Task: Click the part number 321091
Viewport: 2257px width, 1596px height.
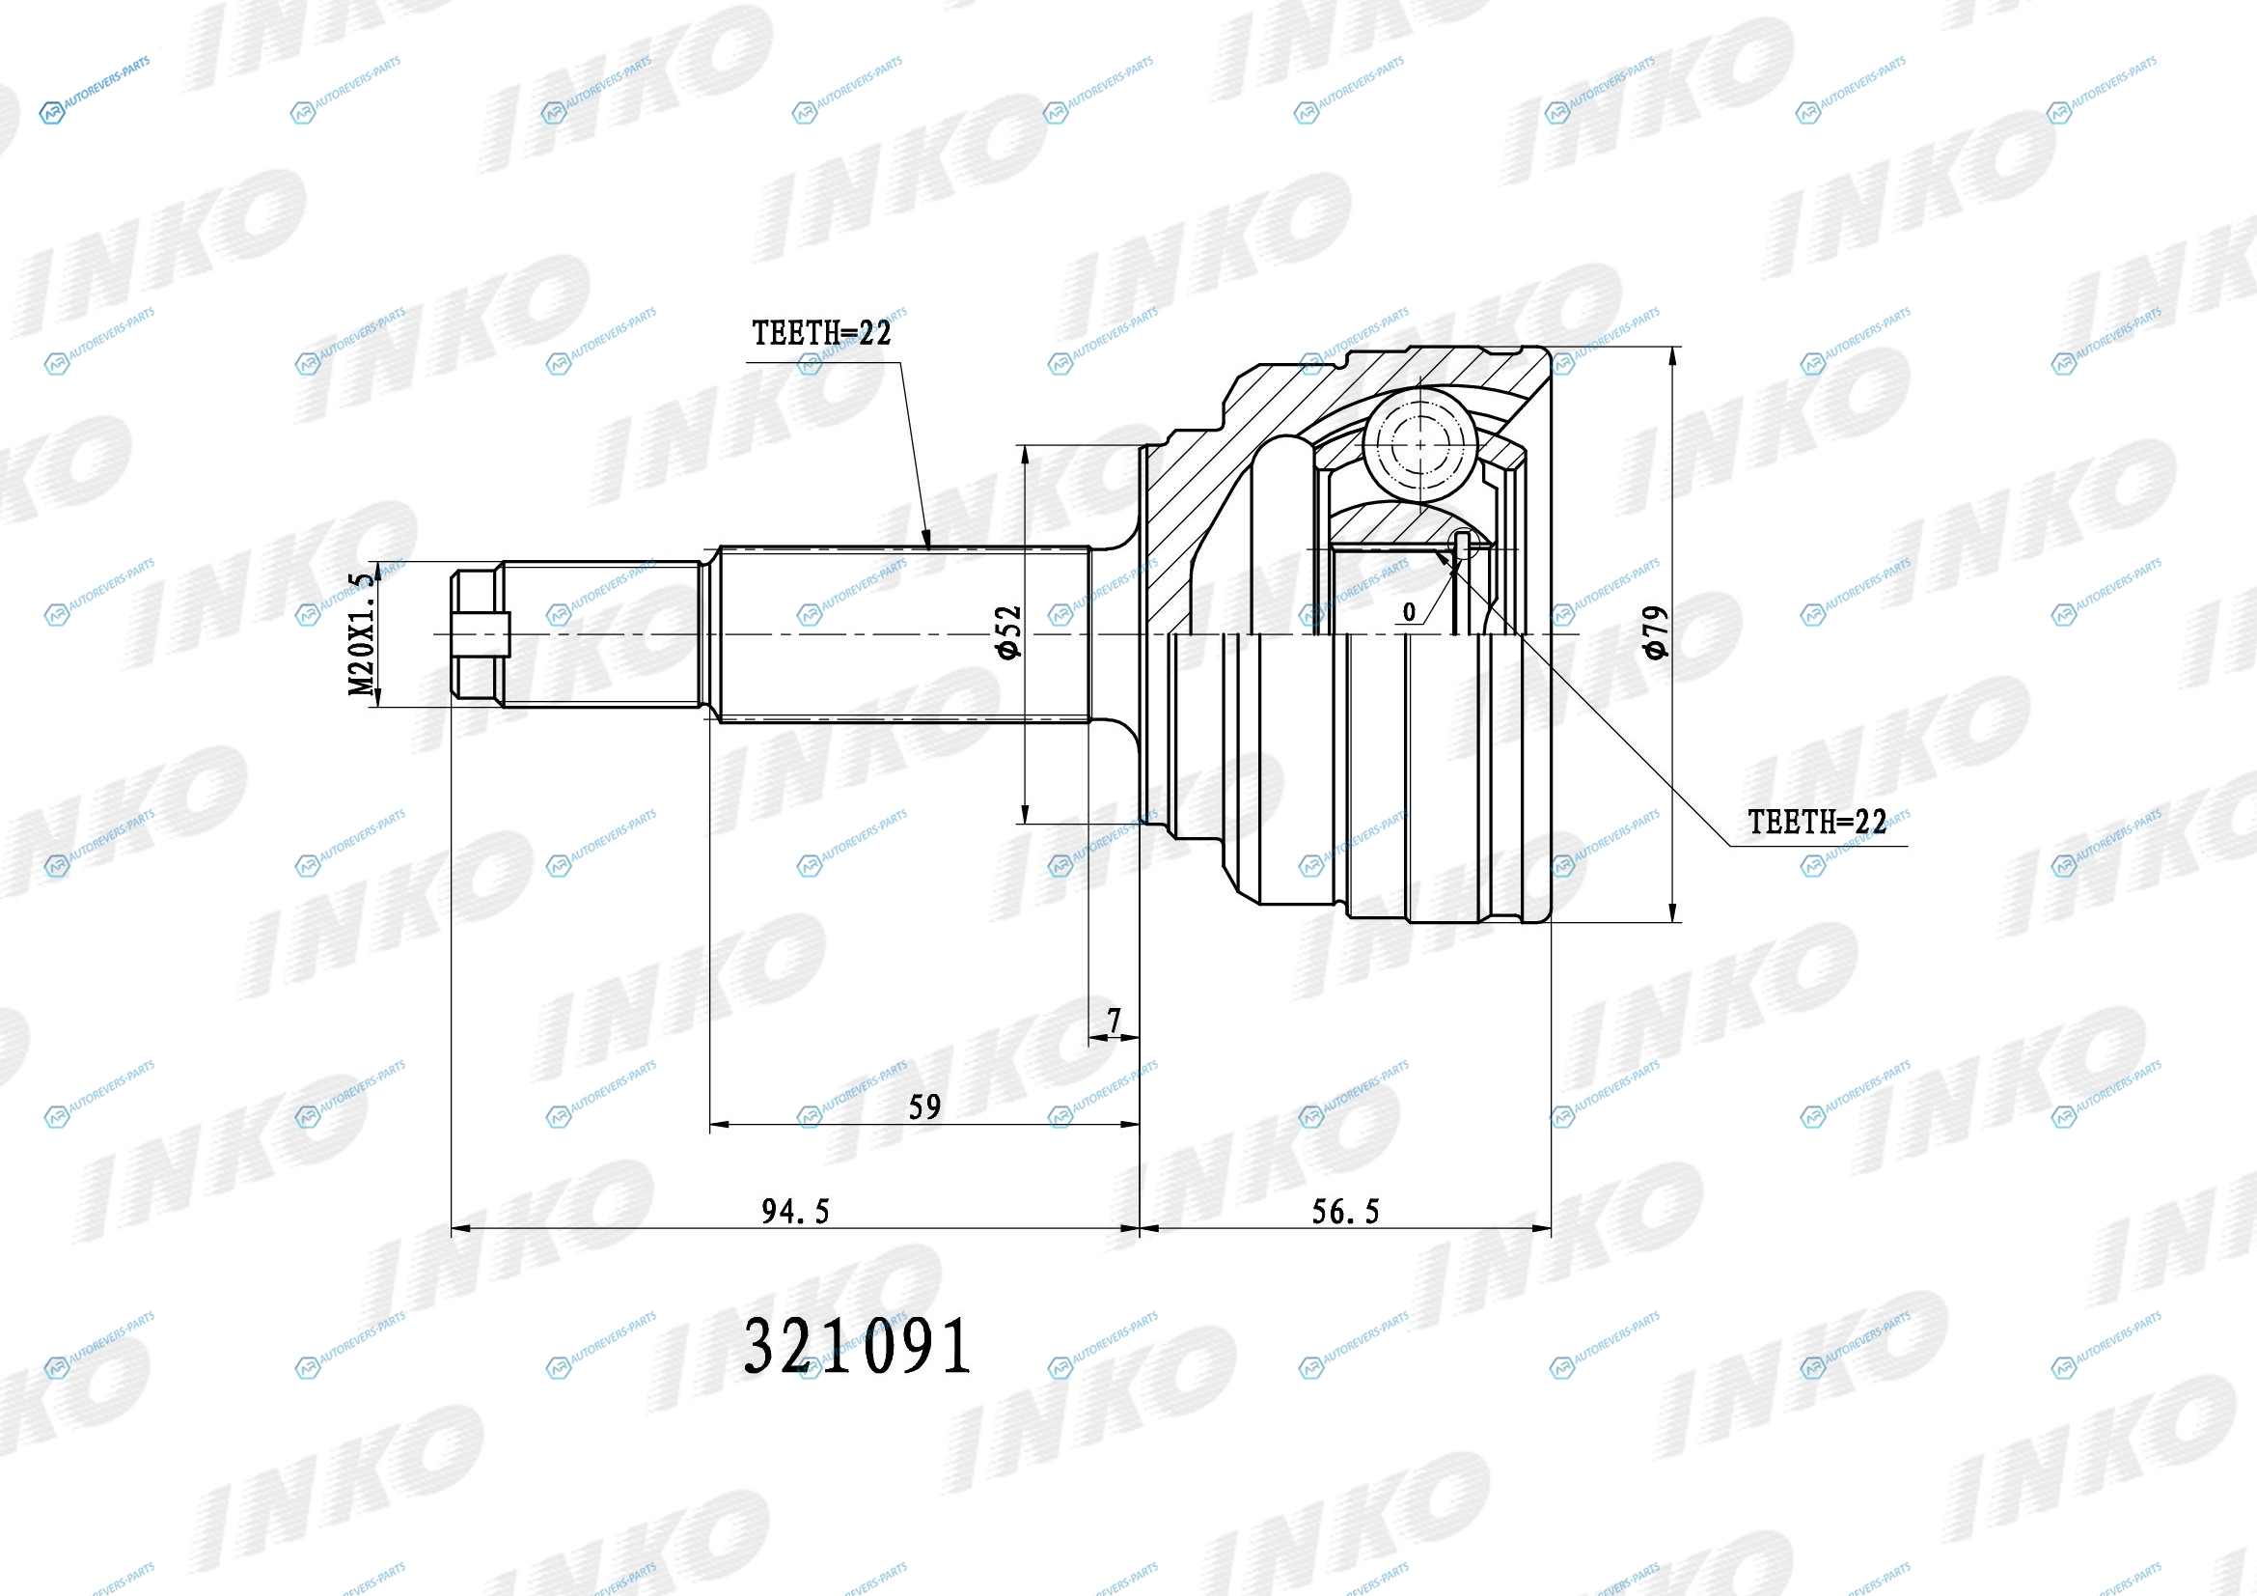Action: click(x=857, y=1346)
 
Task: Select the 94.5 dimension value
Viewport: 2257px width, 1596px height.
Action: click(x=795, y=1212)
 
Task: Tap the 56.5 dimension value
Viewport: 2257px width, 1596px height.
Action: click(x=1346, y=1212)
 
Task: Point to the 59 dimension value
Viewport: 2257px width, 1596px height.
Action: click(x=925, y=1107)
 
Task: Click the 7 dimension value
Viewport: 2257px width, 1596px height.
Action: click(x=1114, y=1021)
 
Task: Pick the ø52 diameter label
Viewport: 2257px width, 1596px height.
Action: click(x=1008, y=632)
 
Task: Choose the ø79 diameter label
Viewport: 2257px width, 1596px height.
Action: click(x=1656, y=632)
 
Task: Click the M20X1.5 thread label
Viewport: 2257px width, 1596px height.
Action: click(x=363, y=633)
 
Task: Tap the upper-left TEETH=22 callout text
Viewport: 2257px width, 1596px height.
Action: click(x=822, y=333)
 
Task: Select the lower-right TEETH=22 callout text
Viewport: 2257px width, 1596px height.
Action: click(x=1818, y=822)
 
